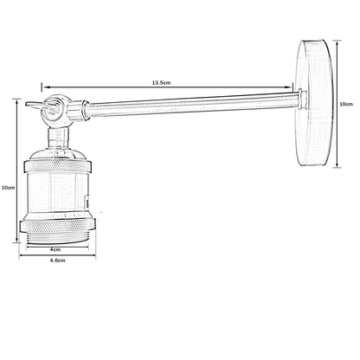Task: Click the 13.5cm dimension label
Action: tap(161, 82)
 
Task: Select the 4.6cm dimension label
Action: tap(57, 260)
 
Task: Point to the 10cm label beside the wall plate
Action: tap(346, 104)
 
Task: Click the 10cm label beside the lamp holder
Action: tap(8, 188)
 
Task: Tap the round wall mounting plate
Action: tap(315, 103)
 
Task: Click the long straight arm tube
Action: tap(193, 103)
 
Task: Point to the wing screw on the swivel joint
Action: tap(41, 106)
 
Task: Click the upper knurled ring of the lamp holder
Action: tap(58, 167)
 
